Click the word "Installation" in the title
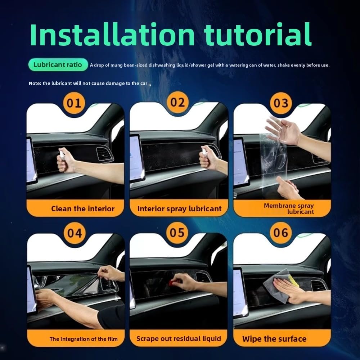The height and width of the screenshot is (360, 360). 112,35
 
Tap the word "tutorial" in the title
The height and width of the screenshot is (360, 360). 258,35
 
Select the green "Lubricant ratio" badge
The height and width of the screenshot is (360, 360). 58,65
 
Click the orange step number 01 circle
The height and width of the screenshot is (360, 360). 74,103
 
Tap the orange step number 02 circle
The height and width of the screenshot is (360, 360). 177,102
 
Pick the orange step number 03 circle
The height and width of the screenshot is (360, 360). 281,103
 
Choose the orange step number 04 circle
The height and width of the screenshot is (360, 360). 75,233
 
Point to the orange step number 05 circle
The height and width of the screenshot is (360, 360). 177,232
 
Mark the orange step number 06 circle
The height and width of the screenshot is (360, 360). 280,232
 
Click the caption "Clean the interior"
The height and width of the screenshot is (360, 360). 83,209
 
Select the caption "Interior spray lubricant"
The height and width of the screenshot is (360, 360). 179,209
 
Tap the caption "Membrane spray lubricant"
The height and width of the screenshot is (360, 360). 289,208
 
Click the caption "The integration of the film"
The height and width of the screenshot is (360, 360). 84,339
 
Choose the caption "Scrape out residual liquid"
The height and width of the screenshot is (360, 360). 179,339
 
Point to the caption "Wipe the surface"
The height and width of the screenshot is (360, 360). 274,339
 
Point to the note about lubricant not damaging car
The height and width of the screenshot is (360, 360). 88,84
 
